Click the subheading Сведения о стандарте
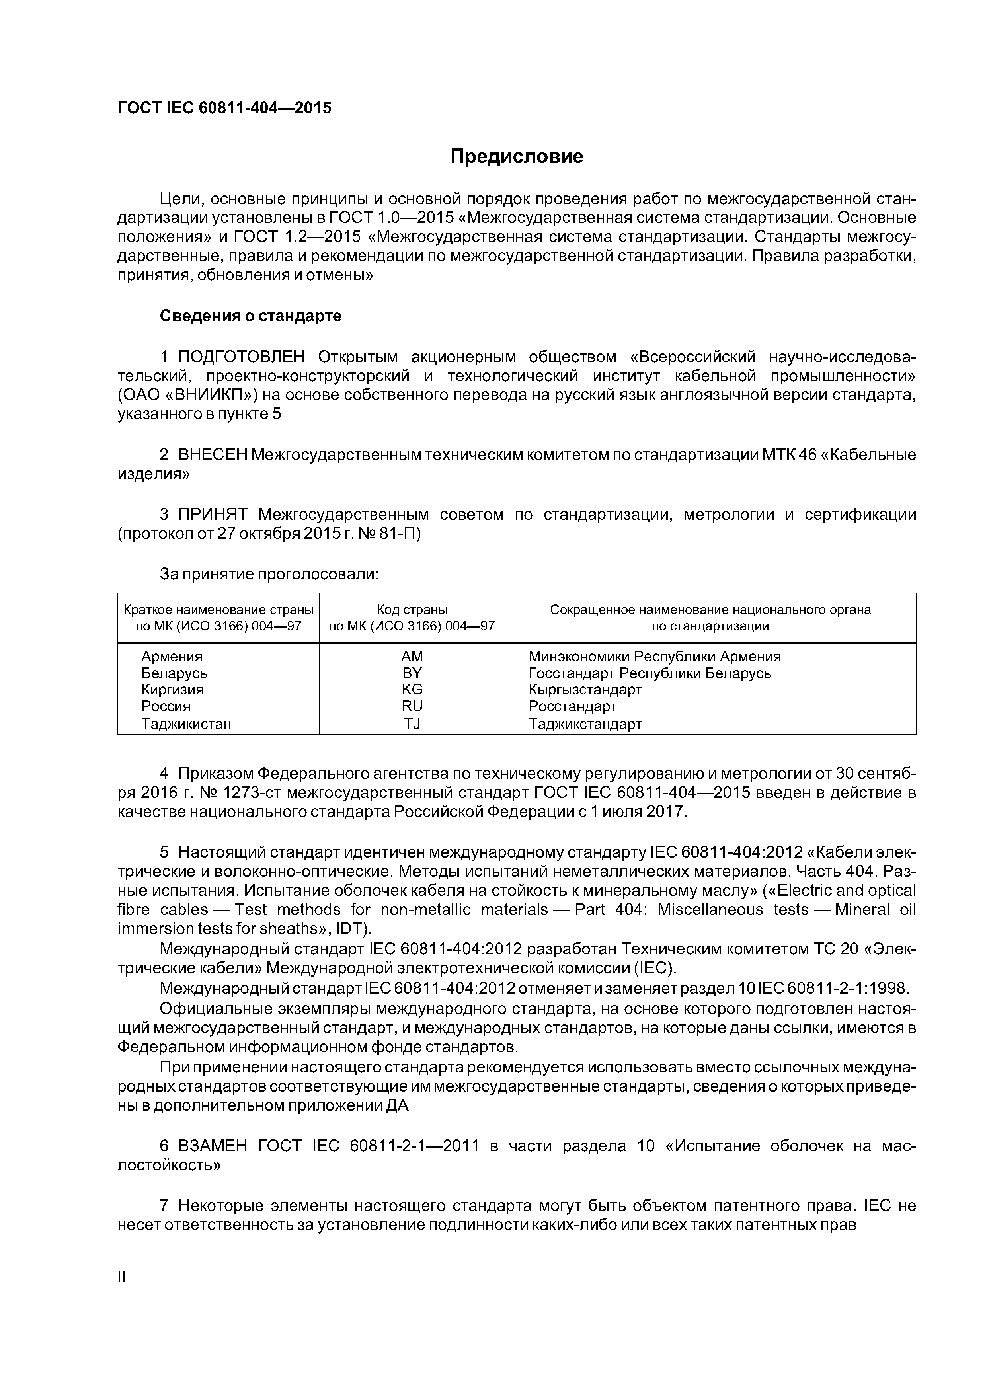pos(251,316)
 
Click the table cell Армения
pos(172,657)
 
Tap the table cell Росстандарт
pos(572,706)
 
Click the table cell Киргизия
pos(172,690)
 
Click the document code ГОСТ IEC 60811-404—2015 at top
pos(224,108)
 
